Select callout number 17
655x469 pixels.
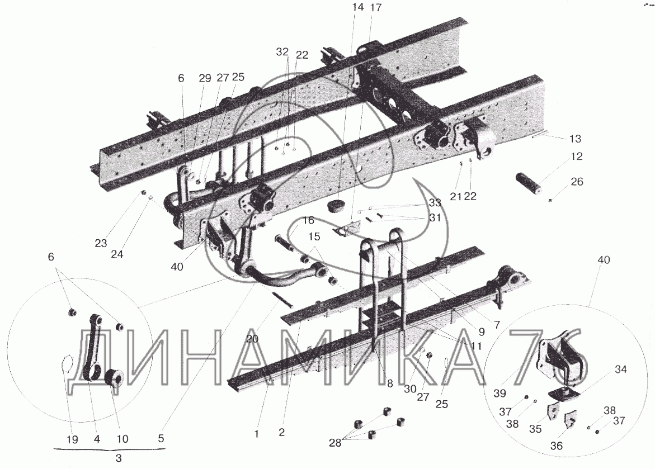click(x=376, y=7)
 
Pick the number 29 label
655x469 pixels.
click(x=204, y=78)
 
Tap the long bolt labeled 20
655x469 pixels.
click(x=284, y=299)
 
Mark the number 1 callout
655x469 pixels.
click(x=256, y=433)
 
